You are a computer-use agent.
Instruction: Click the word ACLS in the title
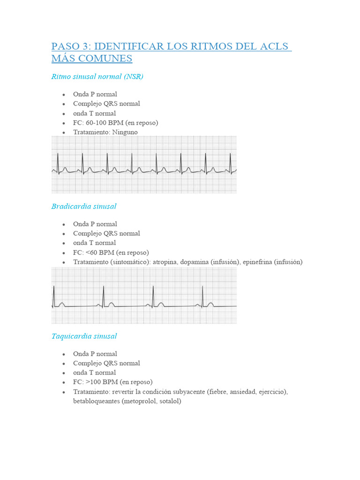pos(272,47)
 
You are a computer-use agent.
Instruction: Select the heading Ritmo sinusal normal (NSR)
pos(97,76)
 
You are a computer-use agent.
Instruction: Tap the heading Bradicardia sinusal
pos(84,206)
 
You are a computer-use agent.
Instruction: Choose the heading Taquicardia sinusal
pos(84,336)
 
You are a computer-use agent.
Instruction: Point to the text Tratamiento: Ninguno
pos(105,132)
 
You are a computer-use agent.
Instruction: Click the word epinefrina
pos(258,262)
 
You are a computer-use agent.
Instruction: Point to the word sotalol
pos(170,401)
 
